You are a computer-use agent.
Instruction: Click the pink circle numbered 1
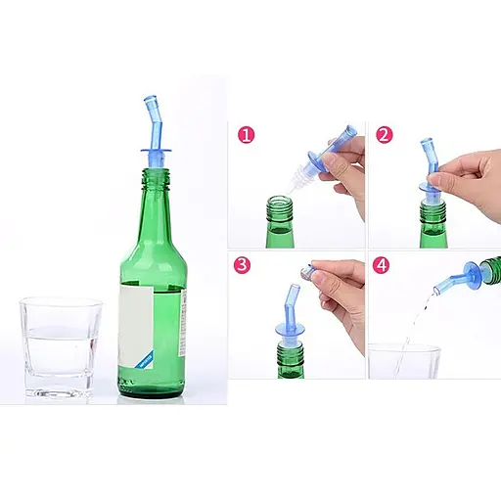(x=246, y=135)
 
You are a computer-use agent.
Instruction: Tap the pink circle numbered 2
(x=385, y=135)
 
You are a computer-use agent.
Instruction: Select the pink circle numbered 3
(x=242, y=265)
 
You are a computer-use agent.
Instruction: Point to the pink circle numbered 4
(x=381, y=265)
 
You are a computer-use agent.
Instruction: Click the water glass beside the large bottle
(x=61, y=347)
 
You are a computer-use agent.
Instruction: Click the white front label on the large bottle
(x=136, y=327)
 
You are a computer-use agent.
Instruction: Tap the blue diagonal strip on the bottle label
(x=146, y=360)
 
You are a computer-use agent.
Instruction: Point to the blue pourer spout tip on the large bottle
(x=150, y=99)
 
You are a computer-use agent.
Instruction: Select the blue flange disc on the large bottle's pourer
(x=157, y=151)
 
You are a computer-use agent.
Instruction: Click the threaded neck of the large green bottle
(x=156, y=179)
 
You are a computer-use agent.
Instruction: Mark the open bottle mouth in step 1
(x=279, y=199)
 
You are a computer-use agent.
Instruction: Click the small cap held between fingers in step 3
(x=307, y=272)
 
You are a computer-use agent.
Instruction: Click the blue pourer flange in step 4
(x=474, y=276)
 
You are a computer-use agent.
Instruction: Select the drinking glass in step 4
(x=404, y=361)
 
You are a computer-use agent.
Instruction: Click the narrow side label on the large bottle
(x=183, y=323)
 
